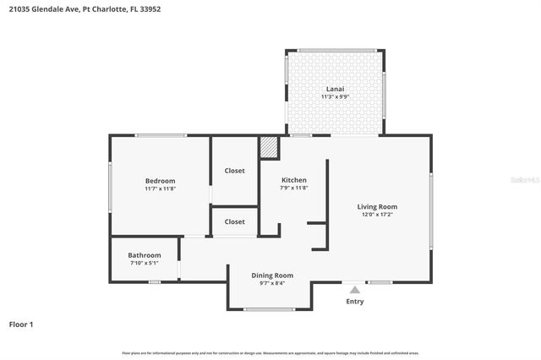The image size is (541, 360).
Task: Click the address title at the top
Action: tap(68, 8)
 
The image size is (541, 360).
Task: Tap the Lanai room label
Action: tap(336, 89)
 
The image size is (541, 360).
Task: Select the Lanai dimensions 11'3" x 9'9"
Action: tap(336, 97)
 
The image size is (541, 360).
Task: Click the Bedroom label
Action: tap(160, 181)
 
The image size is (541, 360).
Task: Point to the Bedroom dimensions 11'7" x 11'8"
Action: tap(160, 188)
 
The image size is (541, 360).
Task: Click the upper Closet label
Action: tap(234, 171)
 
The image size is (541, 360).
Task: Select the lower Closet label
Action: tap(234, 221)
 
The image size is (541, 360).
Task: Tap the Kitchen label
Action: tap(293, 180)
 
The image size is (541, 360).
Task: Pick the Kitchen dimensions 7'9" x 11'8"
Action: tap(293, 188)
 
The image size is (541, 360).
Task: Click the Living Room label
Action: tap(377, 206)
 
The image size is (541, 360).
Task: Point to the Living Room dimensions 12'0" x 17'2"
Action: tap(377, 215)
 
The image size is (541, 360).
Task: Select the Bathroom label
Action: tap(145, 255)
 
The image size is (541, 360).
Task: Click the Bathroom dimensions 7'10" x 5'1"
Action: tap(145, 263)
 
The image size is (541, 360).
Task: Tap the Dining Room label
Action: tap(272, 275)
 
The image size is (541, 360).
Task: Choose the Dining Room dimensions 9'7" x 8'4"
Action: tap(272, 283)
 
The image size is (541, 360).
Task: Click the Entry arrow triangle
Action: tap(355, 290)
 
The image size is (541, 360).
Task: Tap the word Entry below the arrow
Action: tap(355, 302)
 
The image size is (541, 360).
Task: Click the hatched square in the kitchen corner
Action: tap(269, 147)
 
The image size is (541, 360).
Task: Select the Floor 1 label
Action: tap(21, 324)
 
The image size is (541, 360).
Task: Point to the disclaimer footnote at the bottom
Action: tap(270, 352)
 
